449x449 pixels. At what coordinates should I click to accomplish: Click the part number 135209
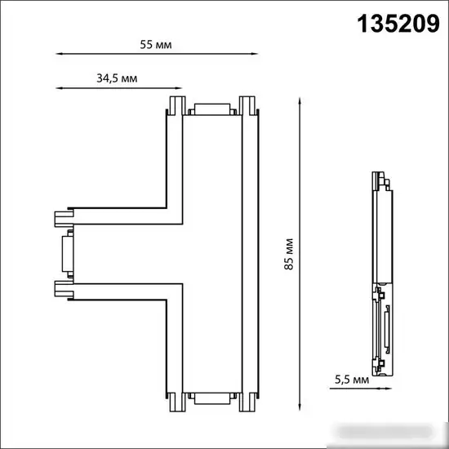click(398, 24)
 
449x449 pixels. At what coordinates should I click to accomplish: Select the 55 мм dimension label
click(156, 45)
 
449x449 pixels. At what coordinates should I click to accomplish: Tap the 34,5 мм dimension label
click(117, 78)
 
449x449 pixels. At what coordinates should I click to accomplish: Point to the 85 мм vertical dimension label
click(289, 254)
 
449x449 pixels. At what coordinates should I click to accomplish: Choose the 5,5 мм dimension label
click(352, 380)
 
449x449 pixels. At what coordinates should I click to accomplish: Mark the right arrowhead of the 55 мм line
click(255, 54)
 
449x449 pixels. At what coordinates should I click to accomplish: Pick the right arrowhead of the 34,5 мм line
click(179, 88)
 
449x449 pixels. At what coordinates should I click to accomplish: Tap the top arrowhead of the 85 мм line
click(300, 101)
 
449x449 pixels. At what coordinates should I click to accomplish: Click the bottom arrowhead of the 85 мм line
click(300, 407)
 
